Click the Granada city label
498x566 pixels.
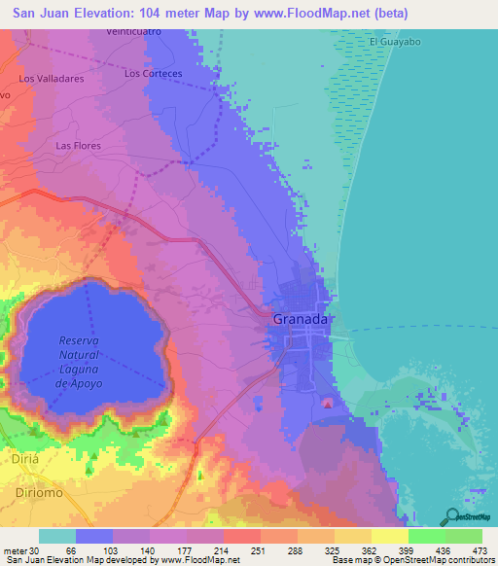click(x=301, y=318)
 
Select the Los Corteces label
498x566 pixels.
click(x=154, y=73)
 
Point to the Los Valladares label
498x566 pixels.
click(x=49, y=78)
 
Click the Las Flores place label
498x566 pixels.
click(x=78, y=146)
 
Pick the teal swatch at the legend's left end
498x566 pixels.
click(x=57, y=536)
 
